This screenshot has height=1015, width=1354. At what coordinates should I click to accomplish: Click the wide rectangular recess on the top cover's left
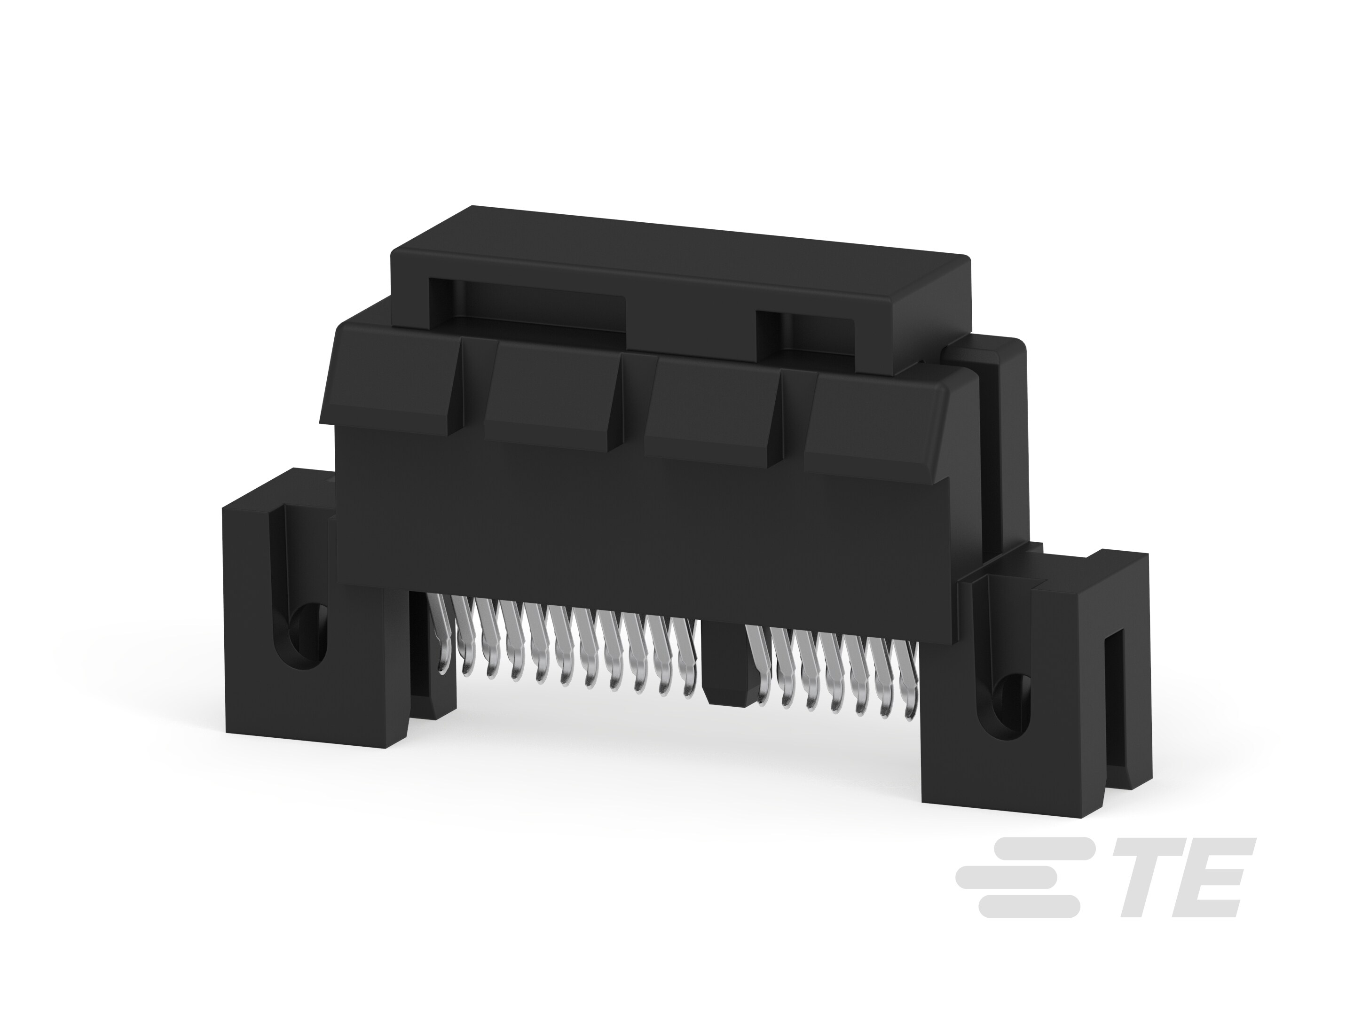pos(527,306)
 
